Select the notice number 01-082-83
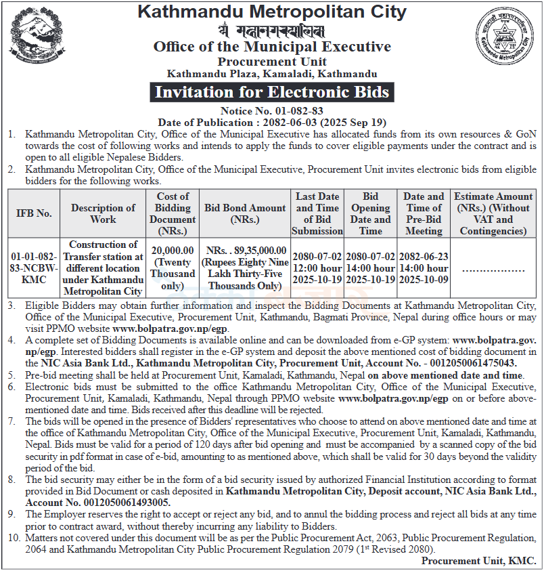[271, 111]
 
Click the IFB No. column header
[34, 213]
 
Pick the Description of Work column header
[103, 213]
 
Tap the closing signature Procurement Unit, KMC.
[478, 561]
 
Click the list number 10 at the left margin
[14, 538]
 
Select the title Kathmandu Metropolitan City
[272, 12]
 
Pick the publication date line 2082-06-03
[271, 123]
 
